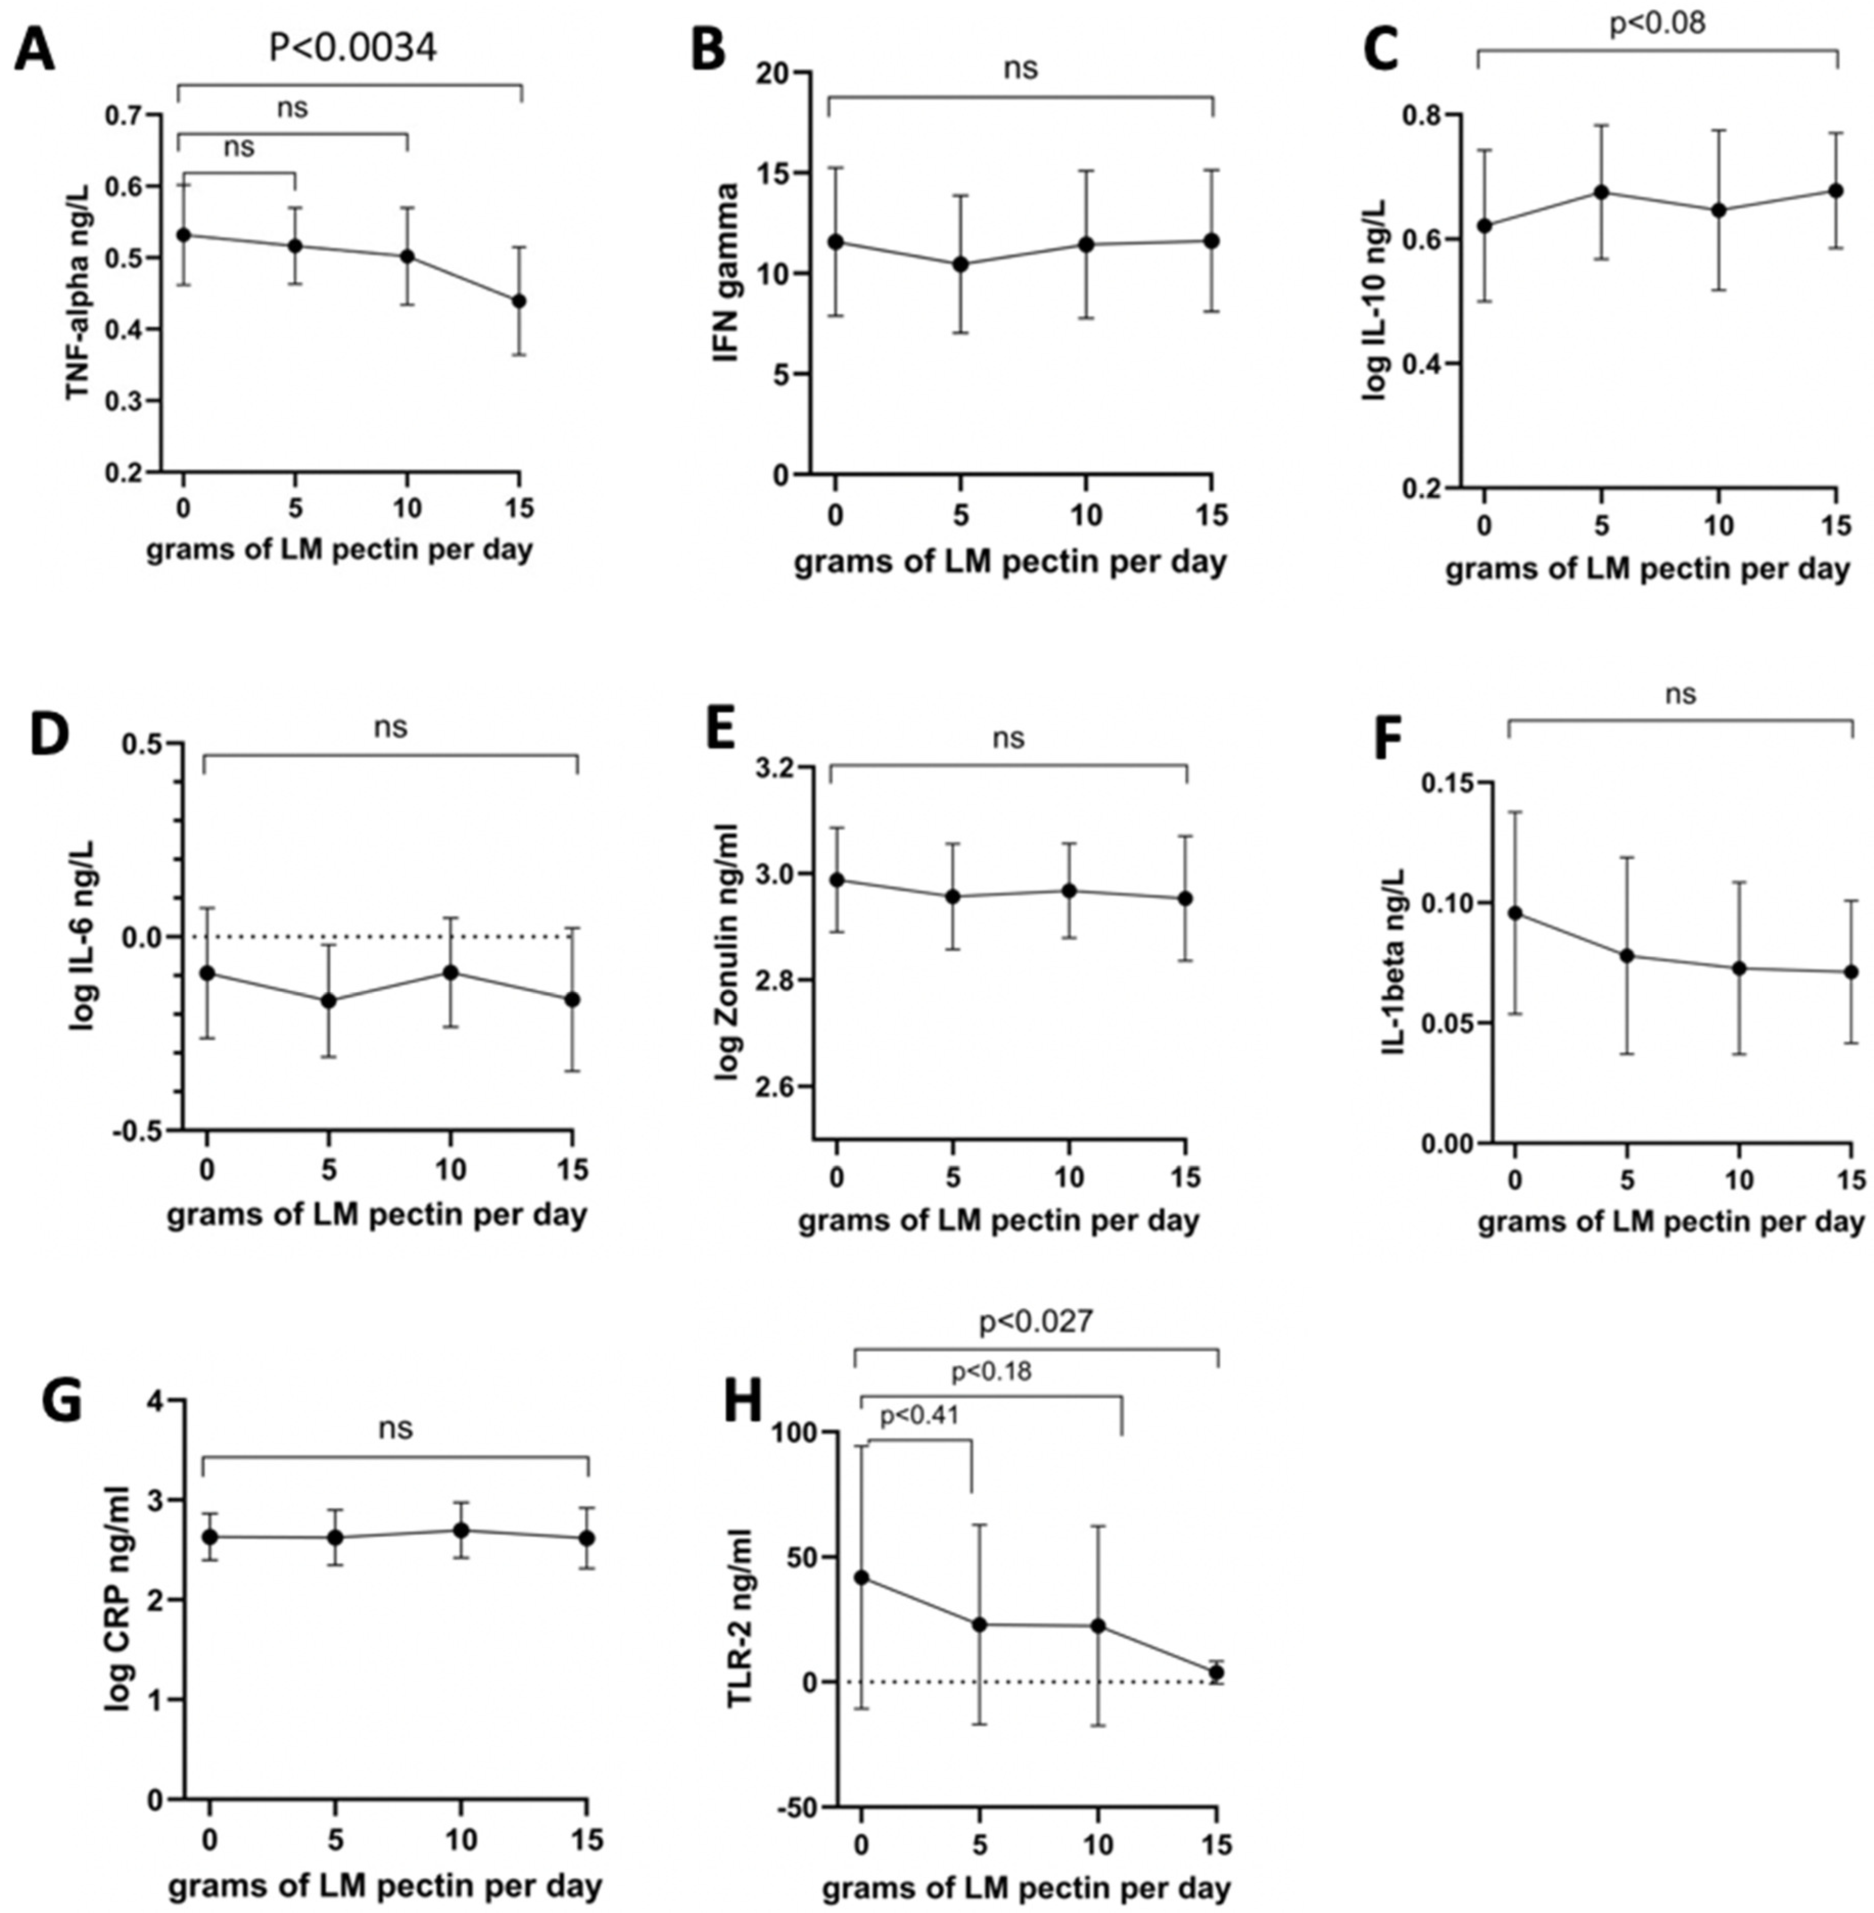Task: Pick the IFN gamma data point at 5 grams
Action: pos(961,264)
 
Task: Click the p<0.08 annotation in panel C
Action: pos(1657,23)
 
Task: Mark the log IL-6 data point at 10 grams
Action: pos(451,972)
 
